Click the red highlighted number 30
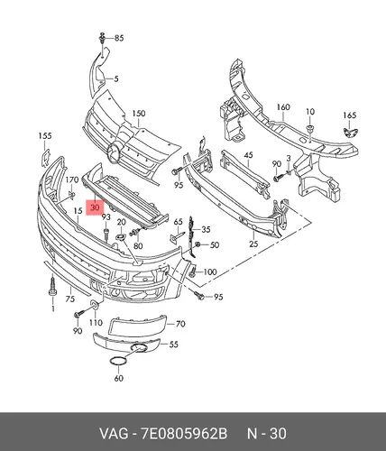(95, 207)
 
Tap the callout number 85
(119, 38)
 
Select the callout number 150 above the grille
(139, 114)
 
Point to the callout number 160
(283, 107)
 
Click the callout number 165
(350, 115)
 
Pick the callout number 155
(45, 135)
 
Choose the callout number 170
(72, 179)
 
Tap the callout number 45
(248, 155)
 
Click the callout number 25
(253, 244)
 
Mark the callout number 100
(210, 272)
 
